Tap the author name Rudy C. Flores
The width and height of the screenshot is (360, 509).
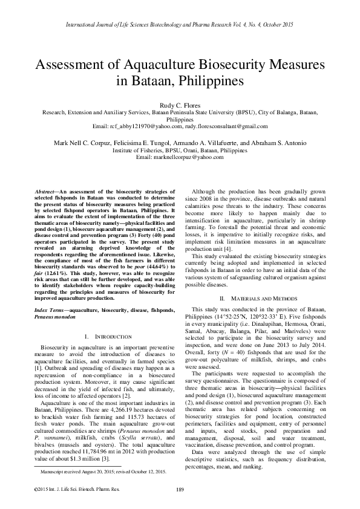click(180, 105)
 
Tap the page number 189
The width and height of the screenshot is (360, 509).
click(180, 489)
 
